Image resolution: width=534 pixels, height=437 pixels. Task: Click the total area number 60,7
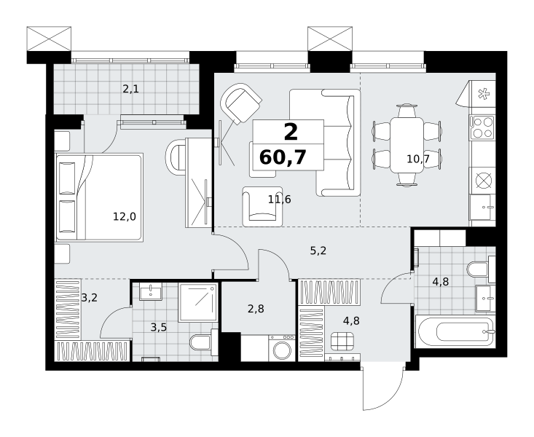click(283, 158)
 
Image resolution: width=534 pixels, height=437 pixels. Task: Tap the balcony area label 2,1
click(131, 90)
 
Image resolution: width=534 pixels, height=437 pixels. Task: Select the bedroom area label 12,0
click(125, 216)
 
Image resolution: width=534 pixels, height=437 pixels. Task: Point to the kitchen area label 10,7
click(418, 159)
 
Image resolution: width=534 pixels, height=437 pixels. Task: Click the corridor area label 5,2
click(318, 251)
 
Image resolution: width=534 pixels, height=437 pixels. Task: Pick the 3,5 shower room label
click(159, 328)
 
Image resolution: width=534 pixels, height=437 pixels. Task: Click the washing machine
click(282, 348)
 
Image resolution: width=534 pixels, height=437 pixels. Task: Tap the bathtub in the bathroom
click(455, 331)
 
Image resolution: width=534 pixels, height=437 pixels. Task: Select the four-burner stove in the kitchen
click(482, 127)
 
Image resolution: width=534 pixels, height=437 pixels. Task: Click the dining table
click(407, 145)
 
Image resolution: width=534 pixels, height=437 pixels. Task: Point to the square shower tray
click(198, 302)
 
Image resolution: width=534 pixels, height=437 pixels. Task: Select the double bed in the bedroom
click(99, 197)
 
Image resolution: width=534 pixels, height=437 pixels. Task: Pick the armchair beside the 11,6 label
click(262, 206)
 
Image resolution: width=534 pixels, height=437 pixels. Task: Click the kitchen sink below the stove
click(482, 207)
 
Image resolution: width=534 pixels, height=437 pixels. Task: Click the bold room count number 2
click(291, 132)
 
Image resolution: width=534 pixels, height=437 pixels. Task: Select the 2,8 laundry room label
click(256, 309)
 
